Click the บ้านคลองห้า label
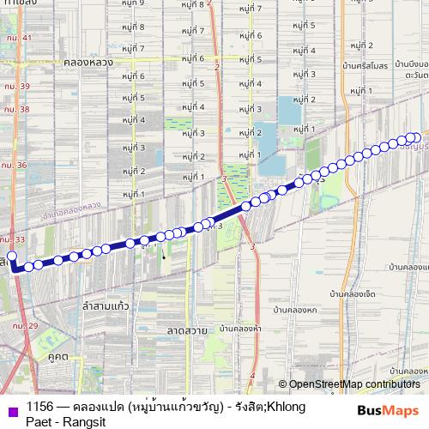pyautogui.click(x=240, y=328)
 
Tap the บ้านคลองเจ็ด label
pyautogui.click(x=352, y=293)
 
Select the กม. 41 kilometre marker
pyautogui.click(x=16, y=38)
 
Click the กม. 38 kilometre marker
pyautogui.click(x=15, y=110)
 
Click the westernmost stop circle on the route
pyautogui.click(x=12, y=256)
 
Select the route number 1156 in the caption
pyautogui.click(x=40, y=406)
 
